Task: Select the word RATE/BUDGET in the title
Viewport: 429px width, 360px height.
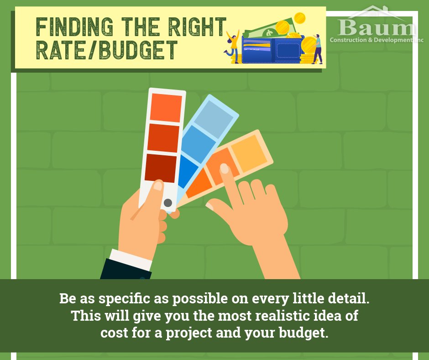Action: (x=106, y=51)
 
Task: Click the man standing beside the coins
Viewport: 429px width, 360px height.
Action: (x=318, y=49)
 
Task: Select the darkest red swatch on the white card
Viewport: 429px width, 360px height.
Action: (x=161, y=168)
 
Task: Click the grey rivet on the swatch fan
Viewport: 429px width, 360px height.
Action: (x=168, y=202)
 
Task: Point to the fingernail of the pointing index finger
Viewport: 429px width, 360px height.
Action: (x=225, y=169)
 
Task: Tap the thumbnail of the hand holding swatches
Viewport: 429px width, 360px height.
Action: (x=157, y=185)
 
